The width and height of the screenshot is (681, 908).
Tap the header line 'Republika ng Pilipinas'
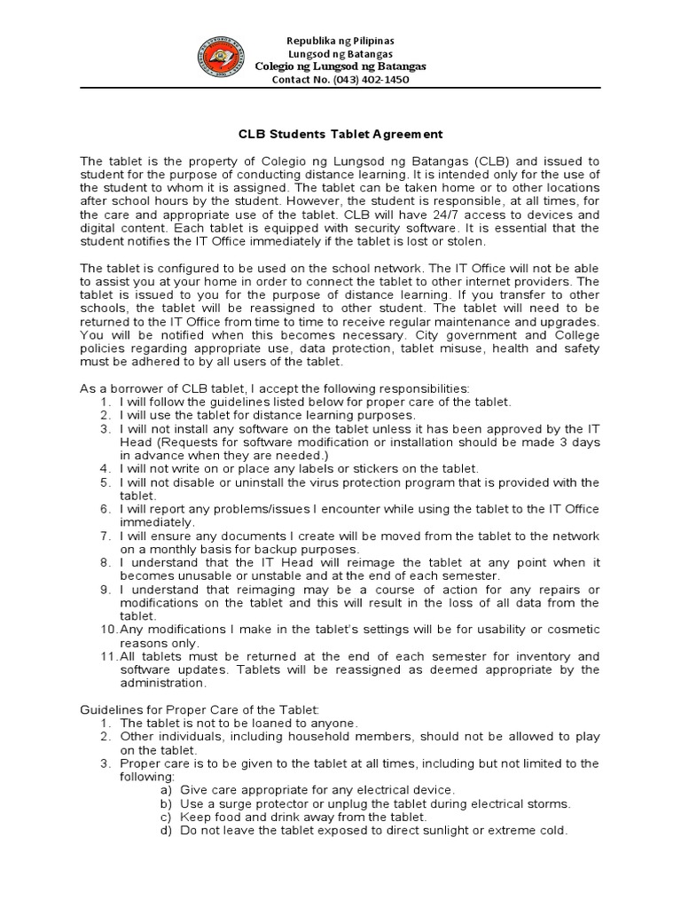[340, 41]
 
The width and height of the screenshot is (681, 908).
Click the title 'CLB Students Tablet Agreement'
[340, 135]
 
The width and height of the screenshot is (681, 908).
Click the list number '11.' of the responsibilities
[107, 656]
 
